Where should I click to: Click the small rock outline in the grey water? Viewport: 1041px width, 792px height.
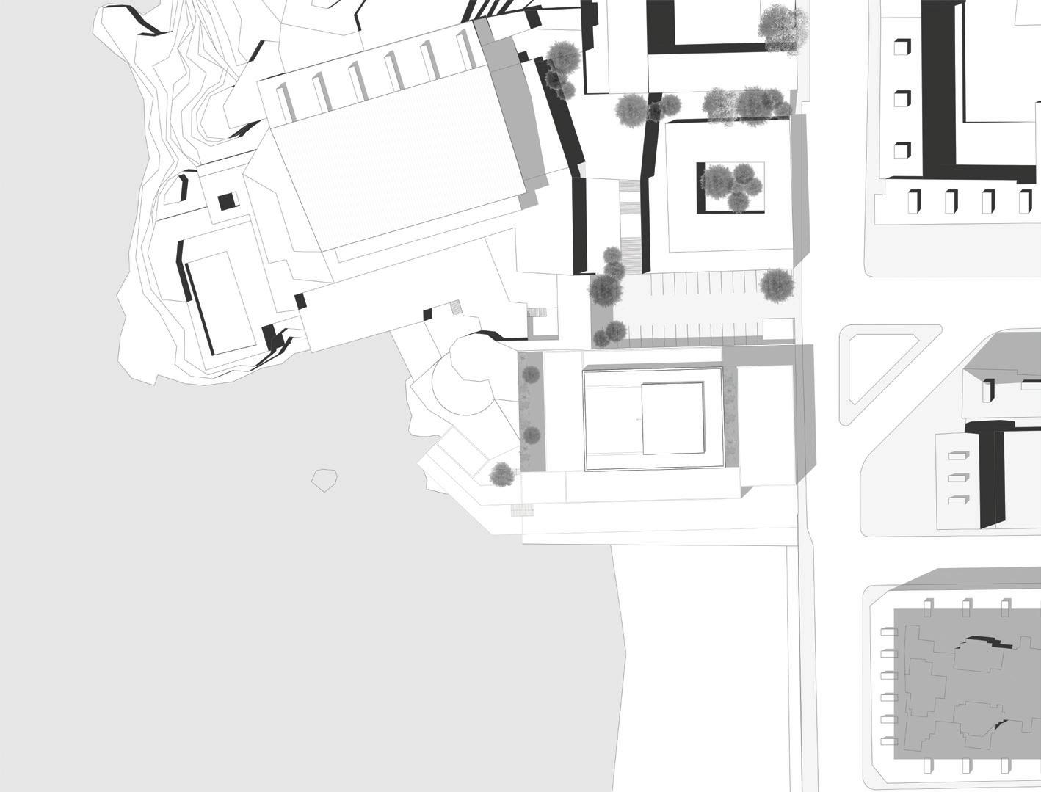[x=324, y=480]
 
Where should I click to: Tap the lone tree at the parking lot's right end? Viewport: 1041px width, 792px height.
[x=777, y=284]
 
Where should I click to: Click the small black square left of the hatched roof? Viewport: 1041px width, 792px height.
[x=228, y=200]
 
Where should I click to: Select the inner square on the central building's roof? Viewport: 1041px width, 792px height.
[x=672, y=418]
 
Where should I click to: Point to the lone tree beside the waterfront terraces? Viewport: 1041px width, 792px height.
[x=502, y=474]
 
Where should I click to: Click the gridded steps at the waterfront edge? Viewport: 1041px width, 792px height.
[x=522, y=510]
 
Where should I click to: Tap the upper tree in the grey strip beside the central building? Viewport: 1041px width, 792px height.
[x=531, y=375]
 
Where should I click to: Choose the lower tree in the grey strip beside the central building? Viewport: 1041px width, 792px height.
[x=531, y=435]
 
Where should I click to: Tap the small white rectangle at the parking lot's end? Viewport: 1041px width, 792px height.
[x=778, y=330]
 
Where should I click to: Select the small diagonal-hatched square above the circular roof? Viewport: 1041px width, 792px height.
[x=456, y=306]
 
